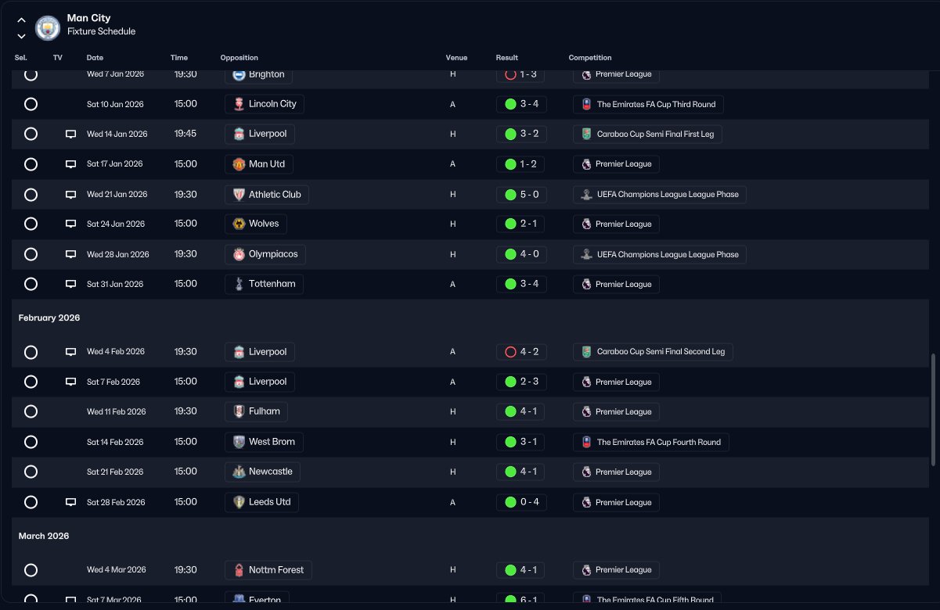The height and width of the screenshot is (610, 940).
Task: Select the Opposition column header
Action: [239, 58]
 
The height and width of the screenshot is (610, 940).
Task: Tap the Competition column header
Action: [589, 58]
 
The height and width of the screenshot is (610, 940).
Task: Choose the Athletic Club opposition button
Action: [266, 194]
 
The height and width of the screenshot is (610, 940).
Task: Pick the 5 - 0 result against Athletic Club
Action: [521, 194]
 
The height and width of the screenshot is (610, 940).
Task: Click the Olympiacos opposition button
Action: [265, 254]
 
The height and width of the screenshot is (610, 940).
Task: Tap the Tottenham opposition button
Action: [264, 284]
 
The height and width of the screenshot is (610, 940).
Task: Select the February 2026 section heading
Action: [49, 318]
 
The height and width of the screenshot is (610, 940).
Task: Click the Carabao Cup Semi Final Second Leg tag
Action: [653, 352]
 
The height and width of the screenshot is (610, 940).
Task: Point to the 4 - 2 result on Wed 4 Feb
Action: [521, 352]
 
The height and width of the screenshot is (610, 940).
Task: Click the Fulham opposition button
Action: [256, 411]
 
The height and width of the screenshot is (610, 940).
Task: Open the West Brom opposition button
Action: [264, 442]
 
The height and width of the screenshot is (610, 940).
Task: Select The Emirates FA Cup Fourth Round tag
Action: [650, 442]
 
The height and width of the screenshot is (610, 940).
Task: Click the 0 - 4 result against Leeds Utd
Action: [521, 502]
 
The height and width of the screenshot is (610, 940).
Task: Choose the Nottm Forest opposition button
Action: [268, 570]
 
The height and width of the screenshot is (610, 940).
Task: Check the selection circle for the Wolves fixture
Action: [31, 224]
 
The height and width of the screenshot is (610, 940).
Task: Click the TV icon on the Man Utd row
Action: [70, 164]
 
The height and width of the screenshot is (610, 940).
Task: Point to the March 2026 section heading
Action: [44, 536]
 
